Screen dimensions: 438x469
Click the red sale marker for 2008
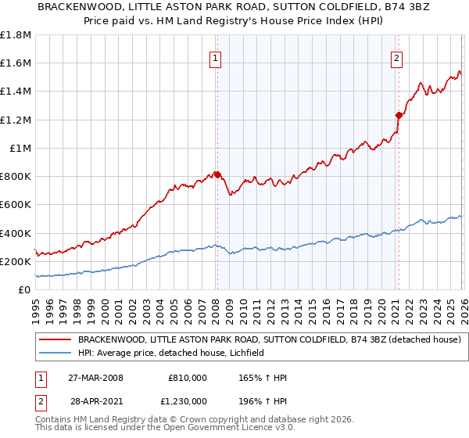tap(217, 175)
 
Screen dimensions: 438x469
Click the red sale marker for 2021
tap(399, 115)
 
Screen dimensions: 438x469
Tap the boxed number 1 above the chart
tap(215, 57)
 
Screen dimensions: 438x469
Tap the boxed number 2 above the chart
tap(397, 57)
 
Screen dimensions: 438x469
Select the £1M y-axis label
tap(20, 149)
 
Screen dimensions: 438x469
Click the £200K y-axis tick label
tap(16, 262)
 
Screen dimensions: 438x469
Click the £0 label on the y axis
tap(24, 290)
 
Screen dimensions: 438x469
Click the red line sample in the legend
tap(55, 339)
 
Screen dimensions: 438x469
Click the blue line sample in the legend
tap(55, 353)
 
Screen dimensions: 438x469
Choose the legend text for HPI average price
tap(171, 353)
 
